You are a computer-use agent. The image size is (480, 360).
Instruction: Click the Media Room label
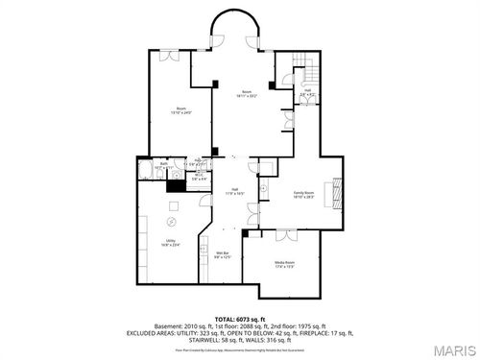pyautogui.click(x=284, y=263)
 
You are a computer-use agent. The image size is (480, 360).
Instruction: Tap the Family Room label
pyautogui.click(x=306, y=195)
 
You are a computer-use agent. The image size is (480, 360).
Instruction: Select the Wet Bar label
pyautogui.click(x=221, y=255)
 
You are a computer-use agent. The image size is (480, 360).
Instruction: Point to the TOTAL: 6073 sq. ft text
pyautogui.click(x=239, y=318)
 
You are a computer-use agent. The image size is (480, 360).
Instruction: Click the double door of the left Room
pyautogui.click(x=169, y=56)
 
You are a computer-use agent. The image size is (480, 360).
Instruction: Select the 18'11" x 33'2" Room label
pyautogui.click(x=247, y=94)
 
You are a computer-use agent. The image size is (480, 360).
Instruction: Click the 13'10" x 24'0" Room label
pyautogui.click(x=180, y=110)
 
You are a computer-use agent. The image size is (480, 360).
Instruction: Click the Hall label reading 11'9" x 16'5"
pyautogui.click(x=234, y=191)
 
